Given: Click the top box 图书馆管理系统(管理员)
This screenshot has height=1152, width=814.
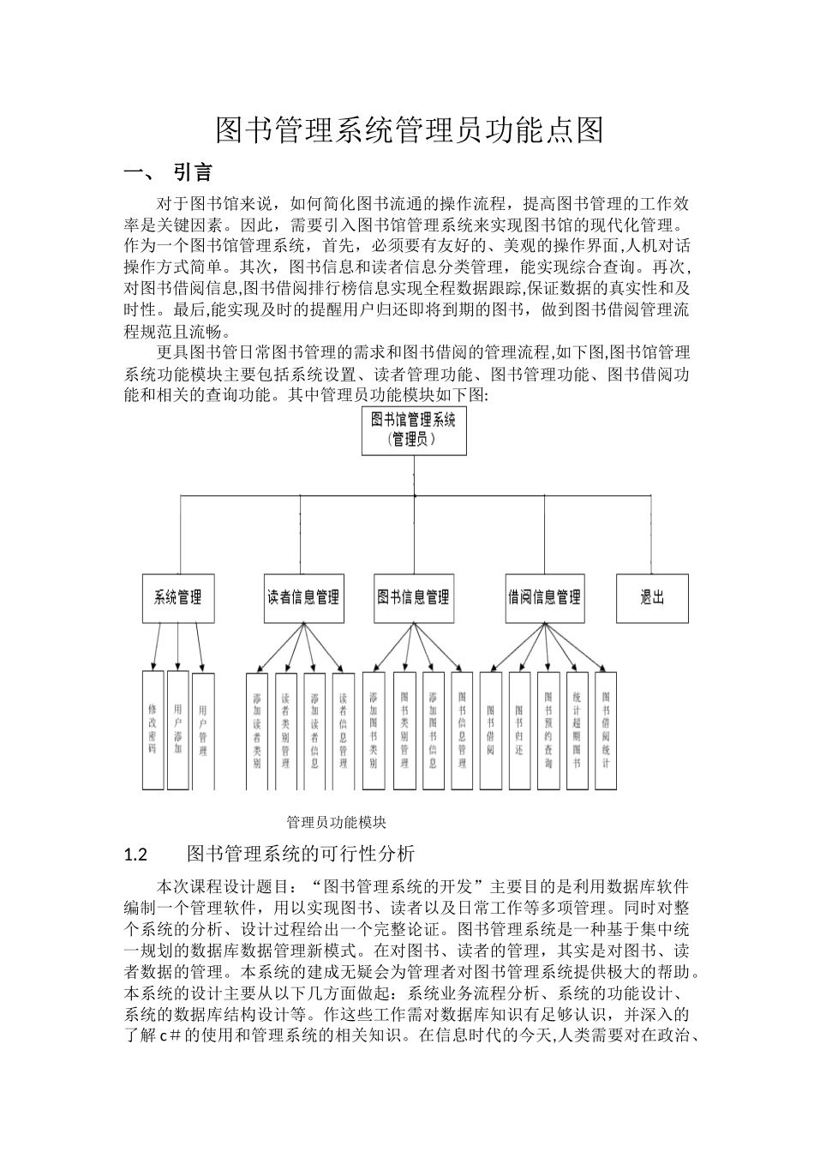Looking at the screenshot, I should point(414,429).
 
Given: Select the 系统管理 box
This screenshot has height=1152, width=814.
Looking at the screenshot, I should point(178,597).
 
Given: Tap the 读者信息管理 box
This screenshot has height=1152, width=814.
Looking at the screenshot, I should point(303,597).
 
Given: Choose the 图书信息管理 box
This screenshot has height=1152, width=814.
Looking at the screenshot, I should point(414,597).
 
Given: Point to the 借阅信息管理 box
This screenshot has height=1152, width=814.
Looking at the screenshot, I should point(544,597).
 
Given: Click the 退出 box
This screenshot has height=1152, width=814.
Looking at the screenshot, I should point(652,597).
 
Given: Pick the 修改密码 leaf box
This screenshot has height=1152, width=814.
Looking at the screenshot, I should point(153,729).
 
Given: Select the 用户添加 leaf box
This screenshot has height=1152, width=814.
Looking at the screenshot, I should point(177,729).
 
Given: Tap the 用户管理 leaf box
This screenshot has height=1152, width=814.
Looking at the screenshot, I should point(203,729).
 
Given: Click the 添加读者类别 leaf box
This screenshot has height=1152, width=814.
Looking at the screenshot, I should point(256,729).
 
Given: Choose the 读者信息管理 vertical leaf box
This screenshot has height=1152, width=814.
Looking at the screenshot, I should point(343,729).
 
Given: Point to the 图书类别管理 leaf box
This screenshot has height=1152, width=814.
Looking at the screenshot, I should point(404,729).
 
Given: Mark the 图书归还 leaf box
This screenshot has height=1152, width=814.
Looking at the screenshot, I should point(519,729).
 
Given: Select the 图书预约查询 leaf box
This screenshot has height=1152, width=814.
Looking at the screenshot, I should point(548,729).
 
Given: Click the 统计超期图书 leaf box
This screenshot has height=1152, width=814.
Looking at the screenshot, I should point(577,729).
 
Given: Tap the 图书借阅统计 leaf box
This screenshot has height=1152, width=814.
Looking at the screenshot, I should point(606,729).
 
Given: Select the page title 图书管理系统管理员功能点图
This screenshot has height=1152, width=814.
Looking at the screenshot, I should point(410,130).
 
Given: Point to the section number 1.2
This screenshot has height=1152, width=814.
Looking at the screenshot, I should point(136,855).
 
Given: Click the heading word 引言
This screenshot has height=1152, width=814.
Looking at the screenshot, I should point(193,172).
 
